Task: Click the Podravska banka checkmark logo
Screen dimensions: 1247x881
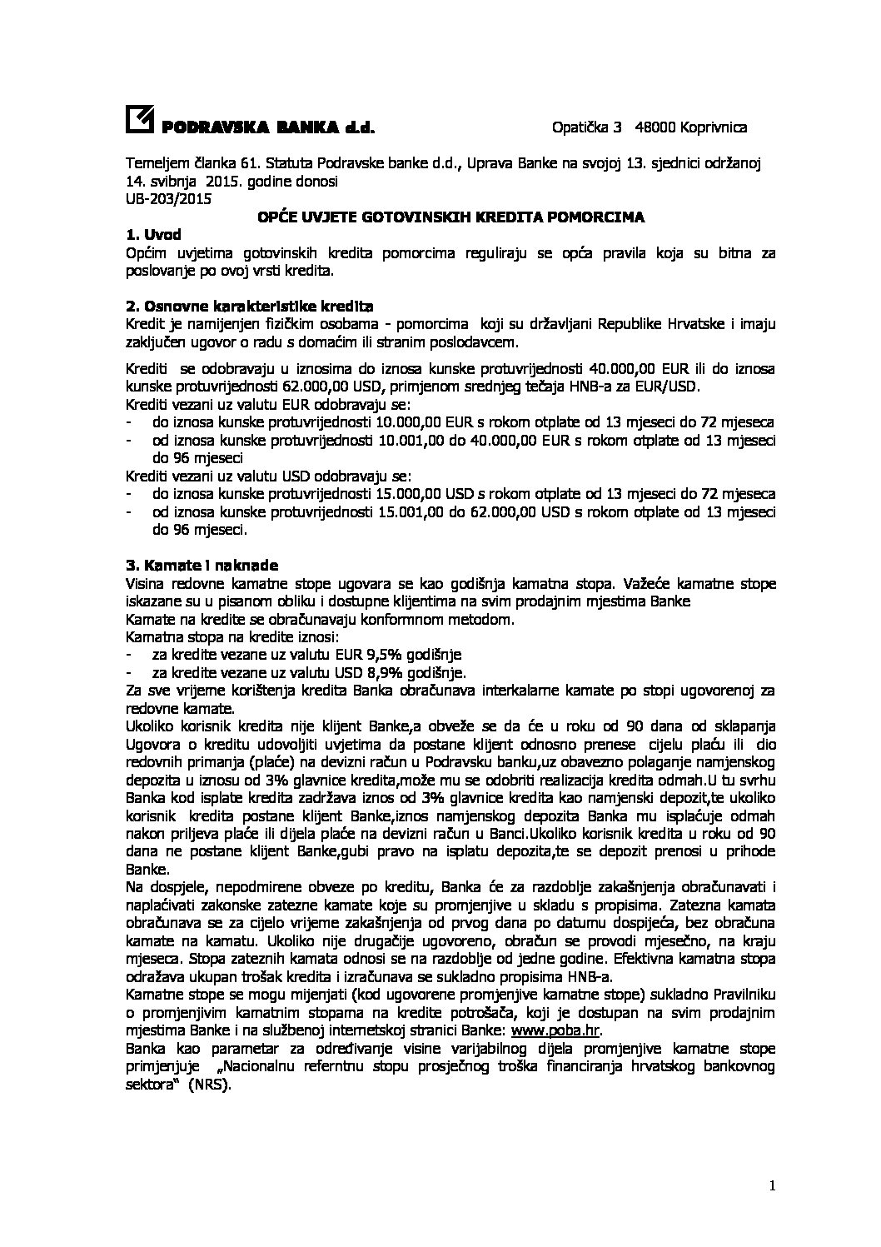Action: click(139, 121)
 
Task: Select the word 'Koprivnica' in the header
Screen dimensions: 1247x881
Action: click(714, 127)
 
